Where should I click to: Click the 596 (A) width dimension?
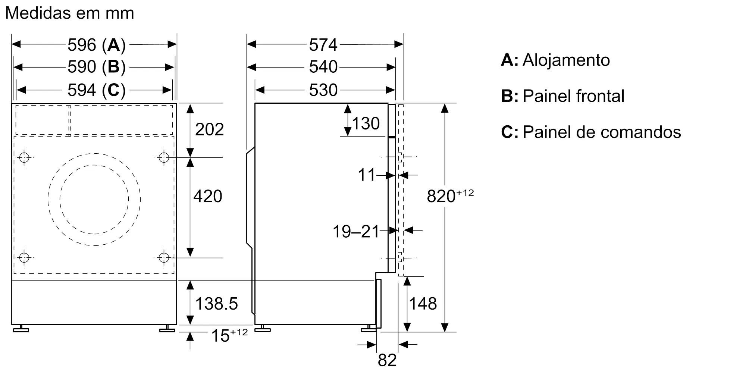96,45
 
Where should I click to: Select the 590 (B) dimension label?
96,67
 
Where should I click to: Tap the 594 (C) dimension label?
96,90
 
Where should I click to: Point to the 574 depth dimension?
323,45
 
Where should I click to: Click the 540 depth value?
323,67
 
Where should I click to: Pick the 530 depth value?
323,90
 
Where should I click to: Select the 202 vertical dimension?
209,129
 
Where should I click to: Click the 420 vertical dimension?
208,196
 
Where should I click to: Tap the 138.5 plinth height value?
216,304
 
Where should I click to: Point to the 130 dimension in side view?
366,123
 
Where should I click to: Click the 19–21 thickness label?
356,232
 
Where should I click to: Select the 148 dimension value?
423,304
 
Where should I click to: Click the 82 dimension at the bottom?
387,360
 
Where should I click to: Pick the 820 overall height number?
441,196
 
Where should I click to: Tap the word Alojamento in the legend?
566,60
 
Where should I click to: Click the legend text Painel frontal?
573,96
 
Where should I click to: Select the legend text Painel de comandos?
602,132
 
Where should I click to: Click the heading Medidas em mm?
70,13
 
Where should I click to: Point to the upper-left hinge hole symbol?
24,157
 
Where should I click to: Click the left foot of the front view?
21,329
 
